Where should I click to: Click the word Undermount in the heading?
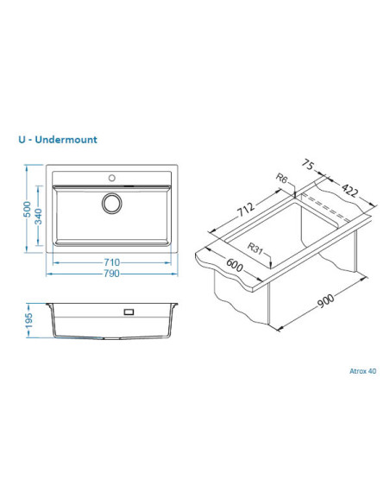66,140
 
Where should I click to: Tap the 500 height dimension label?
28,209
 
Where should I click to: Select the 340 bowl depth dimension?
38,217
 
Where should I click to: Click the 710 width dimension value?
111,262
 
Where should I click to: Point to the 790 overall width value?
111,274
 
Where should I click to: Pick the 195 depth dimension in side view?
29,321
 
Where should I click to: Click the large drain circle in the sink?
112,204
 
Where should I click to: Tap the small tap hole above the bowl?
112,178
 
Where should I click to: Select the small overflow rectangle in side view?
129,312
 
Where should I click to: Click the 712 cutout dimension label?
246,209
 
